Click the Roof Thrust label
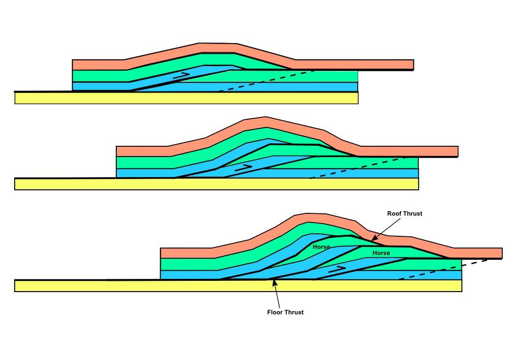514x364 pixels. [x=405, y=214]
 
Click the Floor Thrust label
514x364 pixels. [x=285, y=312]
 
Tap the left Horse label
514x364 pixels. [x=321, y=247]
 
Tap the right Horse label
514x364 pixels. [x=381, y=253]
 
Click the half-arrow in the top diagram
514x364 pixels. [x=181, y=75]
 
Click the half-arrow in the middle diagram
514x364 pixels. [x=243, y=167]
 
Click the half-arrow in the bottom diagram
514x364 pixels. [x=338, y=268]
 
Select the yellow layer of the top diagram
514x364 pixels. [x=186, y=98]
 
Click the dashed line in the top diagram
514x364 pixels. [x=266, y=81]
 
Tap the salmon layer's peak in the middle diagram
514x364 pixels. [x=265, y=120]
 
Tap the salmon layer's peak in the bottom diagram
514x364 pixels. [x=308, y=217]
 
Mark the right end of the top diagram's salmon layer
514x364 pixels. [x=413, y=65]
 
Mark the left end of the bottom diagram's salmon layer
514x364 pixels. [x=162, y=253]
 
